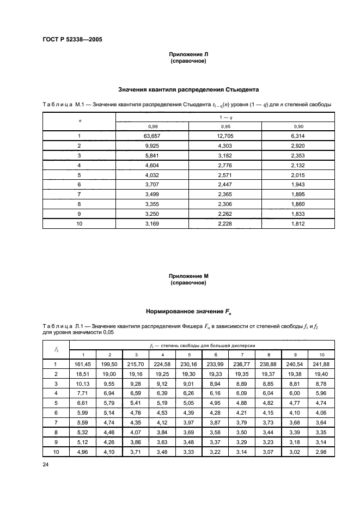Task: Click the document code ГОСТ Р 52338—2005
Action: coord(72,40)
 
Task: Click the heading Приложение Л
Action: coord(188,55)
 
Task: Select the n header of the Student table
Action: coord(79,120)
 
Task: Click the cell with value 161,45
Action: coord(80,365)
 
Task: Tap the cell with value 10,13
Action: coord(80,384)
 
